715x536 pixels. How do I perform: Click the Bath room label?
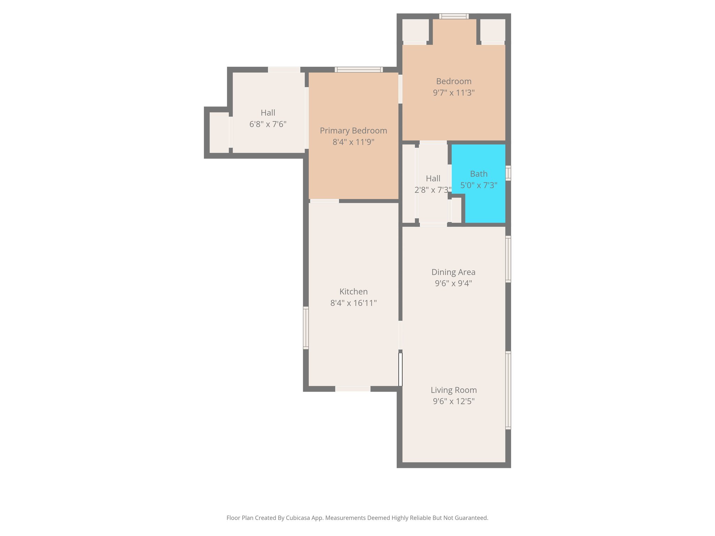pos(479,174)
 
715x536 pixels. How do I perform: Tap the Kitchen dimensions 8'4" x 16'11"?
pos(353,303)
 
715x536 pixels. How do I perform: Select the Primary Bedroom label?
pos(353,131)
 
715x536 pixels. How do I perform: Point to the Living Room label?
pos(454,390)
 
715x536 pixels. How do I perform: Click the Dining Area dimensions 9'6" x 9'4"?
pos(453,283)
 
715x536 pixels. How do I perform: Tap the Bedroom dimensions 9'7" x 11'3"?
pos(454,93)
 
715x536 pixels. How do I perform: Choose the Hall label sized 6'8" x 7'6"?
pos(268,113)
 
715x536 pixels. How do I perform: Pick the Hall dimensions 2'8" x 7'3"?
pos(433,190)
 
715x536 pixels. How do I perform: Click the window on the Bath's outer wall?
pos(508,173)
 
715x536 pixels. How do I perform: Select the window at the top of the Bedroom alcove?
pos(454,16)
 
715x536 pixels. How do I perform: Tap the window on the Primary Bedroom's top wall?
pos(359,69)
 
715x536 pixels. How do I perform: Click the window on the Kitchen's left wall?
pos(306,328)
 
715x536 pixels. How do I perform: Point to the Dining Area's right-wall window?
pos(508,259)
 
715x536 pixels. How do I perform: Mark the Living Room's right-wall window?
pos(508,390)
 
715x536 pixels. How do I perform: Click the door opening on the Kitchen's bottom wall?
pos(353,389)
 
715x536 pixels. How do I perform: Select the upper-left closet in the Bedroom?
pos(415,30)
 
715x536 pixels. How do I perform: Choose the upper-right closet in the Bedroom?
pos(493,30)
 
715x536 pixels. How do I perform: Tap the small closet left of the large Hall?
pos(219,132)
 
